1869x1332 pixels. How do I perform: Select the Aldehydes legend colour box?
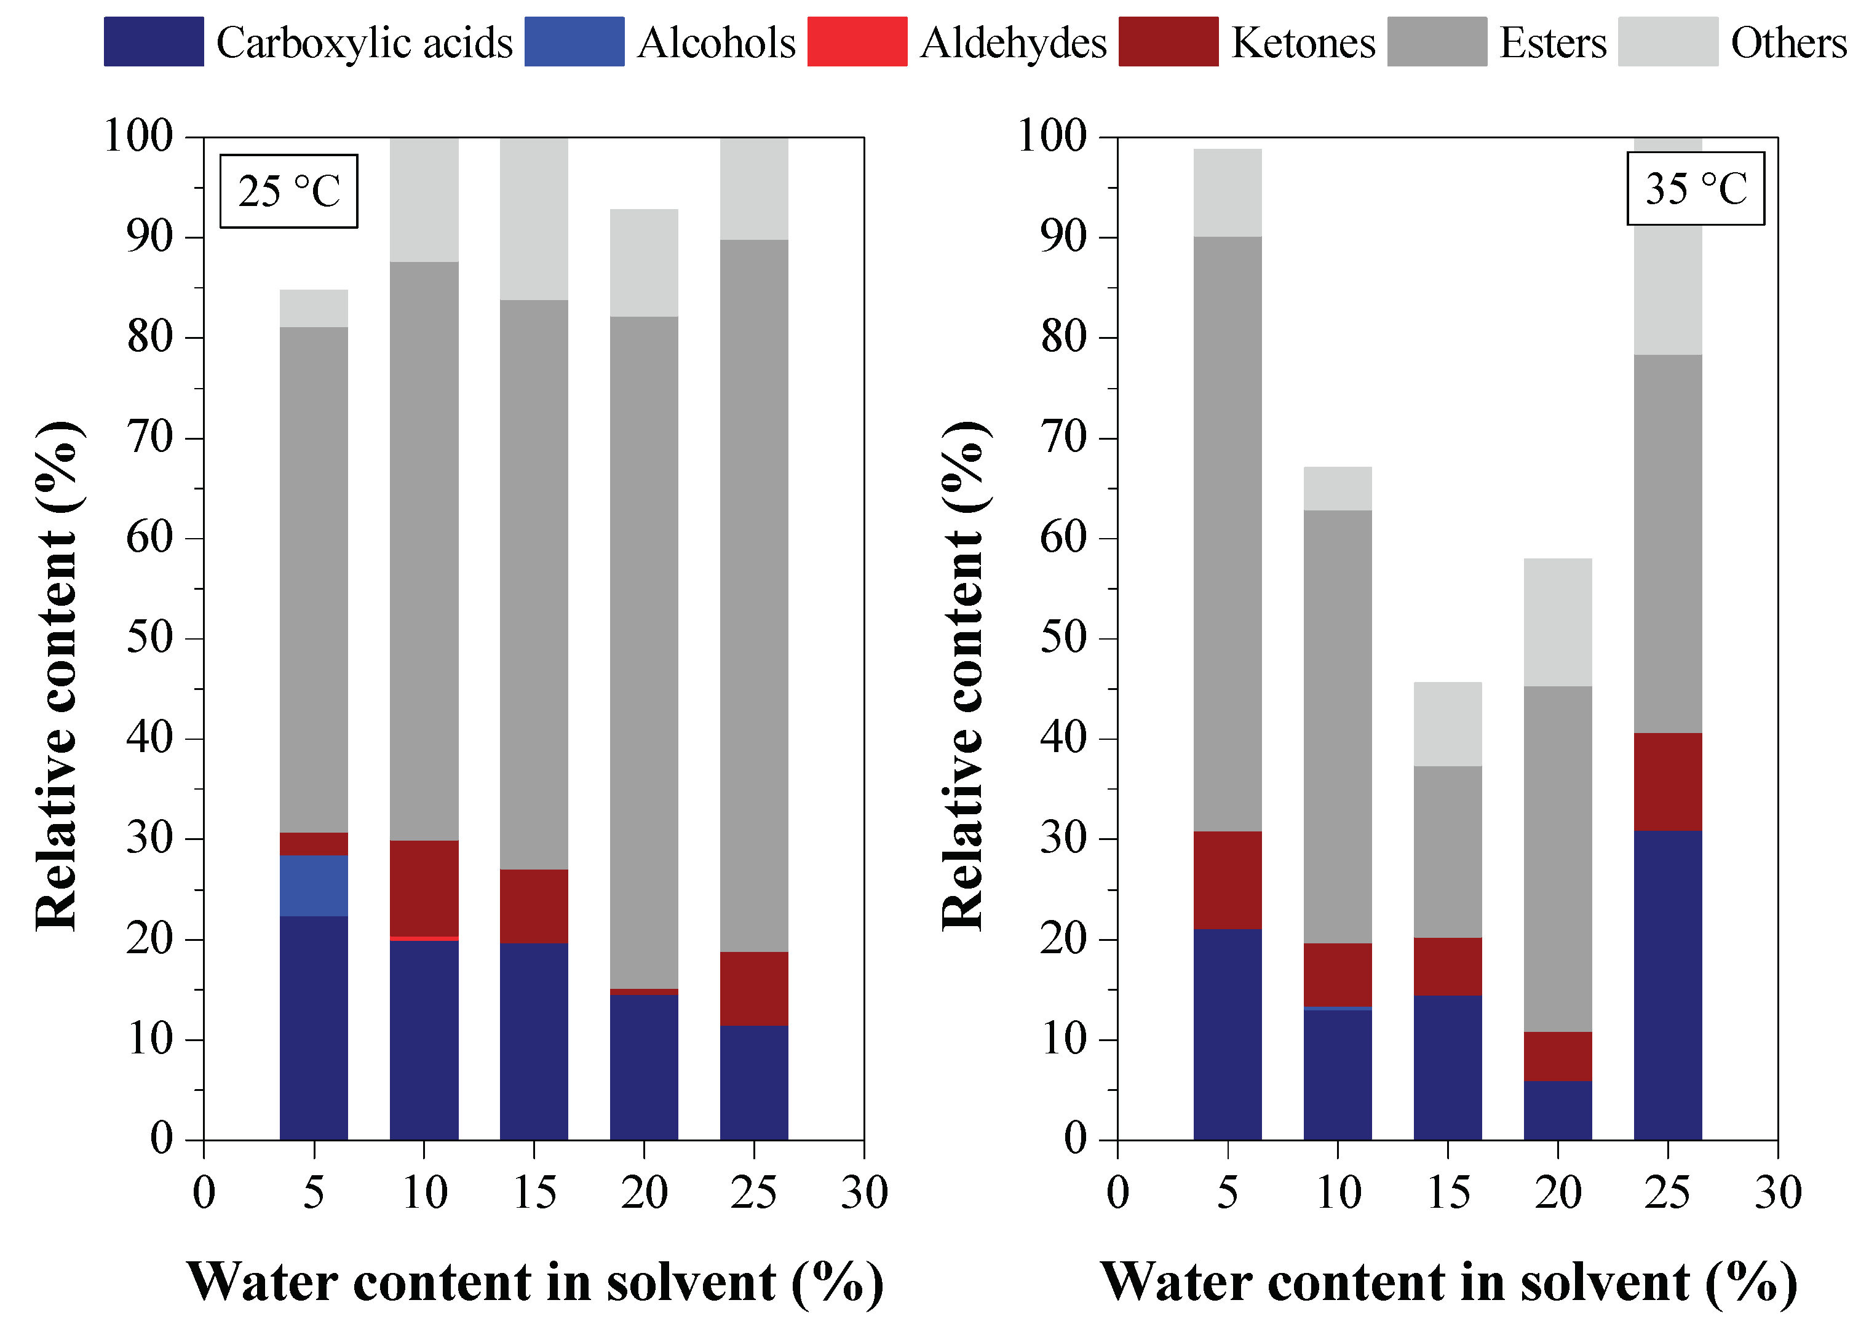click(856, 41)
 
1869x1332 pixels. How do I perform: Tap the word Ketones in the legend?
click(1303, 42)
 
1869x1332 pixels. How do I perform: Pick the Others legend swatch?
click(1667, 41)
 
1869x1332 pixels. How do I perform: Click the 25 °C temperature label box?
click(288, 191)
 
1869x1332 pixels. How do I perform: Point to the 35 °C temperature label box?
click(1695, 189)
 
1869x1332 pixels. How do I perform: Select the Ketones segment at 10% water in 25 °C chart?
click(423, 888)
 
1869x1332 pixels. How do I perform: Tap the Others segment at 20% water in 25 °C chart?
click(644, 263)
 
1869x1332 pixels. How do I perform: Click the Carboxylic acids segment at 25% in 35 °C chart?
click(1667, 984)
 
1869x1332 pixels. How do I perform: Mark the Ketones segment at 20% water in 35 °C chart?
click(1557, 1056)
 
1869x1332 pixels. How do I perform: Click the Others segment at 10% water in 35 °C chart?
click(1337, 489)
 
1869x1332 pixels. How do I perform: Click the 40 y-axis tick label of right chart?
click(1065, 738)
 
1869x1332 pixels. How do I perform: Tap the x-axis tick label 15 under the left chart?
click(534, 1194)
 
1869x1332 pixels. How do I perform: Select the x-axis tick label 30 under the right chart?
click(1777, 1194)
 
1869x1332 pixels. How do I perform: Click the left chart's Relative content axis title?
click(57, 676)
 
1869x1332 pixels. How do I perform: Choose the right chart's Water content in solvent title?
click(1448, 1282)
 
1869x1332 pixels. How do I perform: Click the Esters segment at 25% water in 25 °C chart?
click(753, 595)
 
